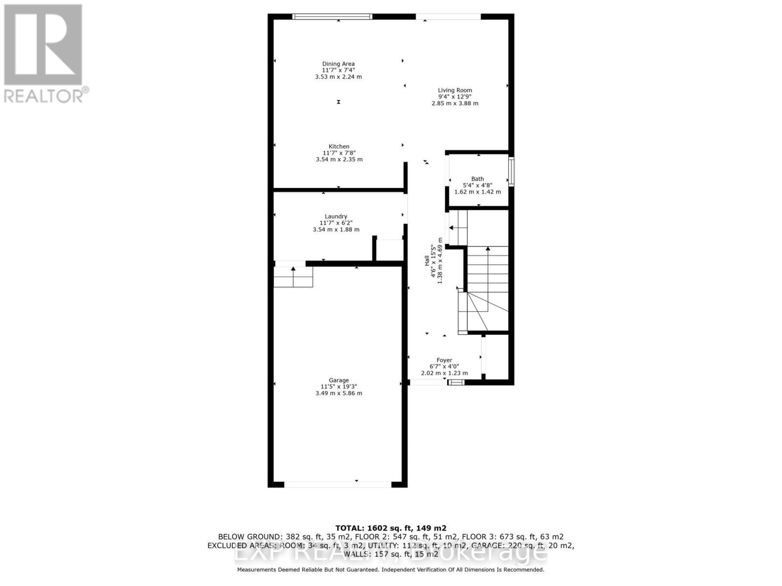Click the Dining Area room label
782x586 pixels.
[x=338, y=64]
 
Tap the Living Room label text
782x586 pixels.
[x=455, y=90]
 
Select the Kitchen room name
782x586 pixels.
[x=339, y=146]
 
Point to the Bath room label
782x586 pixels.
[x=478, y=179]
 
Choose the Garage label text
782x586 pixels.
[x=339, y=380]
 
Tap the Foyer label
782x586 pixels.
[x=444, y=360]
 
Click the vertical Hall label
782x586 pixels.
[x=427, y=261]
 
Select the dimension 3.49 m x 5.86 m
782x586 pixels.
[x=339, y=393]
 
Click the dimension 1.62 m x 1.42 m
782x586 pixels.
[x=478, y=192]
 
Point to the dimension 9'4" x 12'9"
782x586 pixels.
[x=455, y=97]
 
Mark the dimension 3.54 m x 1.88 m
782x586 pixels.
[x=336, y=230]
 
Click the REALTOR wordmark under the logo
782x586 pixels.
[x=46, y=95]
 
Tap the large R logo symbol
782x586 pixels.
[x=43, y=44]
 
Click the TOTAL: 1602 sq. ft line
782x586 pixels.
[x=391, y=528]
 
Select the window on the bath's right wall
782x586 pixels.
[x=511, y=171]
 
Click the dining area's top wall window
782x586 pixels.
[x=332, y=17]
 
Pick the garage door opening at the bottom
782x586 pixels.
[x=338, y=484]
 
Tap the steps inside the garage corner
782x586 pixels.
[x=293, y=277]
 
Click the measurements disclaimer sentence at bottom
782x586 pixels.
[x=391, y=569]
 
